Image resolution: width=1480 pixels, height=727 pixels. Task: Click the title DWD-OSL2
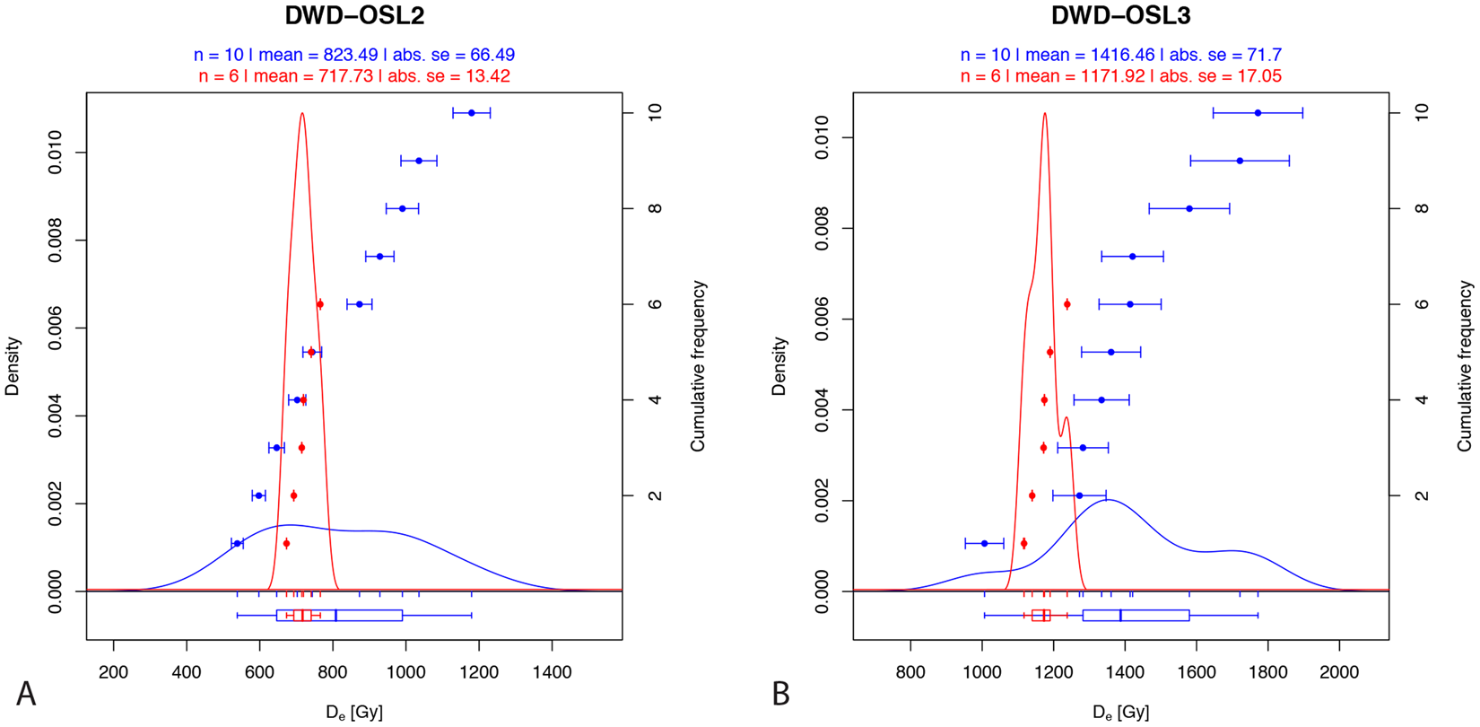pyautogui.click(x=354, y=16)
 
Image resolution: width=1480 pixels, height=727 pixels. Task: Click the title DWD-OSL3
pyautogui.click(x=1120, y=16)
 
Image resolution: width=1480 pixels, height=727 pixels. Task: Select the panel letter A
pyautogui.click(x=26, y=694)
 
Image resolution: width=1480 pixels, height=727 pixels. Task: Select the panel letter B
pyautogui.click(x=780, y=694)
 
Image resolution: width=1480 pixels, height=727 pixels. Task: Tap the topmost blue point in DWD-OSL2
pyautogui.click(x=472, y=112)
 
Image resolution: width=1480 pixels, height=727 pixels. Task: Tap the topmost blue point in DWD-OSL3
pyautogui.click(x=1258, y=112)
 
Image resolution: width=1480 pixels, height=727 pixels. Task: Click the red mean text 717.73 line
pyautogui.click(x=354, y=76)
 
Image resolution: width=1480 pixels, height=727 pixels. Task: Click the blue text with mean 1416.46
pyautogui.click(x=1120, y=55)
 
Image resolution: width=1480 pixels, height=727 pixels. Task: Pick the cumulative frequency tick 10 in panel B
pyautogui.click(x=1422, y=112)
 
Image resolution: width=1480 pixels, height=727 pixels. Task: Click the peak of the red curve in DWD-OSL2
pyautogui.click(x=302, y=113)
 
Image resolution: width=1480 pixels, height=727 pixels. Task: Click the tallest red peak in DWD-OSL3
pyautogui.click(x=1045, y=113)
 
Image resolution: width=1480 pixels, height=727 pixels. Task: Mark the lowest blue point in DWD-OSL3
pyautogui.click(x=984, y=543)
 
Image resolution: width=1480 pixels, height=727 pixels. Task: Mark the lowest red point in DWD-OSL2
pyautogui.click(x=286, y=543)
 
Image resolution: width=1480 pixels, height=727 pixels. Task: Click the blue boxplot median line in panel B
pyautogui.click(x=1120, y=616)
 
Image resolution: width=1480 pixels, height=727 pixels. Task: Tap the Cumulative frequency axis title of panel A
pyautogui.click(x=698, y=365)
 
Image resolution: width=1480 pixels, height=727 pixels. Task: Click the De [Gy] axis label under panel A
pyautogui.click(x=354, y=713)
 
